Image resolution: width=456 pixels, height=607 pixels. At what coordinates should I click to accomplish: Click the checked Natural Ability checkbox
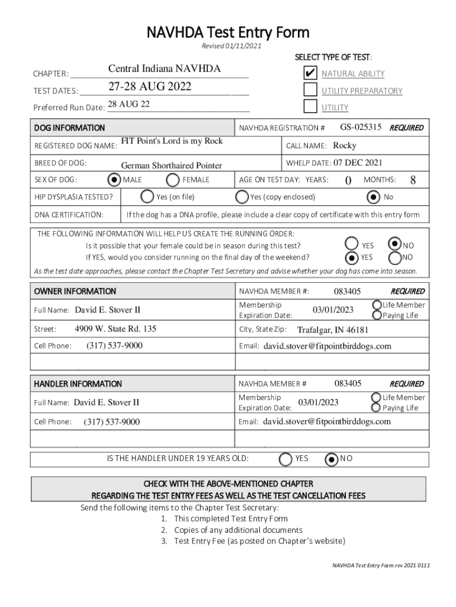[310, 74]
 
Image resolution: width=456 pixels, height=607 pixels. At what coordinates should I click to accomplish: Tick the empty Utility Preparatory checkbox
[310, 90]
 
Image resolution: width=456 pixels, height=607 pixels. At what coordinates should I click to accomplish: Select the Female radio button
[173, 180]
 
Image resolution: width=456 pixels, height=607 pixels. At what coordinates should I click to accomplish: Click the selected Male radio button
[113, 180]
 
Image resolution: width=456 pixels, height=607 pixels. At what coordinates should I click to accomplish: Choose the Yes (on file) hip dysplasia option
[147, 197]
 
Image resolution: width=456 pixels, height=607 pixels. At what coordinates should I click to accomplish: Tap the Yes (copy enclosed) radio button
[242, 197]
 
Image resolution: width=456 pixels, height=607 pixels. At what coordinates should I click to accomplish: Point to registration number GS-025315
[361, 127]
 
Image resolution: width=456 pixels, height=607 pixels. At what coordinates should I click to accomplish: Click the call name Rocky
[345, 146]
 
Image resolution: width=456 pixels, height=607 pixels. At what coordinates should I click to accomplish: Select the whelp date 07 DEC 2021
[358, 163]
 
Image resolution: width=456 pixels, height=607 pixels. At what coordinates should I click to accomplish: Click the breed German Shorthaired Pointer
[172, 165]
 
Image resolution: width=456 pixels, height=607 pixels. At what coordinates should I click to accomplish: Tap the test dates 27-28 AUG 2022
[150, 87]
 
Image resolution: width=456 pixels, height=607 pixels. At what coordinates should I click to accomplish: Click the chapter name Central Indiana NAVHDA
[164, 69]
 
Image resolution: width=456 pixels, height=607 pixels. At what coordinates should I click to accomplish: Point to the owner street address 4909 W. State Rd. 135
[115, 328]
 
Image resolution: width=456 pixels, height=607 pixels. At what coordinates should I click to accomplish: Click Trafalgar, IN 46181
[332, 330]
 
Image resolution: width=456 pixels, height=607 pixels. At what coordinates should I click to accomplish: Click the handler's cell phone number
[112, 422]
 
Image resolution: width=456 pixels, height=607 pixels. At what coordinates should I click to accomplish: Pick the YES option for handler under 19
[286, 459]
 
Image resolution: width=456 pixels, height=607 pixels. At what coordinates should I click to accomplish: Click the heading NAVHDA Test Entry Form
[228, 32]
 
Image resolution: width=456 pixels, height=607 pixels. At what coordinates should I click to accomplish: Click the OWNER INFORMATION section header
[75, 291]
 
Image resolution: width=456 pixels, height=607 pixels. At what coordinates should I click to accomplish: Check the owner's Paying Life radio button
[376, 315]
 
